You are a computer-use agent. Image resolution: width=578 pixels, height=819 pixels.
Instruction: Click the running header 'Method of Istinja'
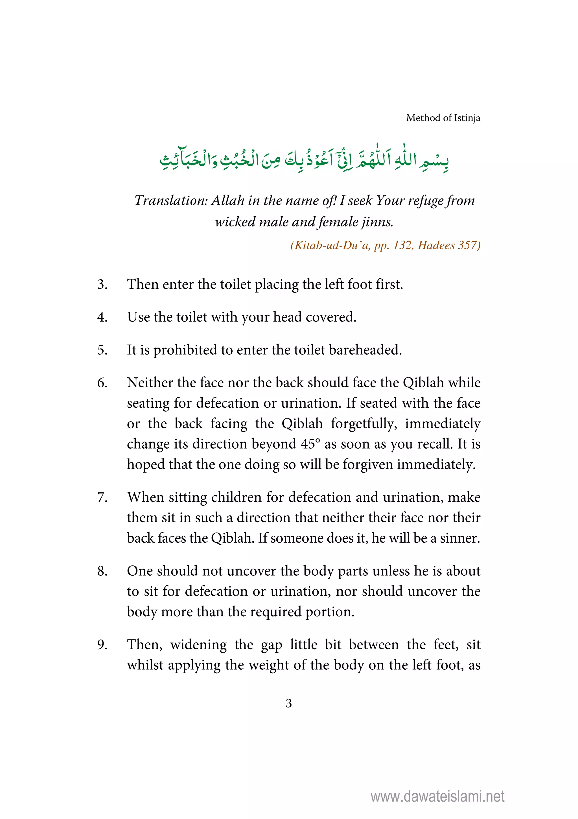443,118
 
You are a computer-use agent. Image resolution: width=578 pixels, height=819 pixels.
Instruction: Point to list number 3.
102,284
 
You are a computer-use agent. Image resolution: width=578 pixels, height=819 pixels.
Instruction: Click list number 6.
102,383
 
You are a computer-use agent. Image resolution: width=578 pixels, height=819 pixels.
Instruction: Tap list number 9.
102,645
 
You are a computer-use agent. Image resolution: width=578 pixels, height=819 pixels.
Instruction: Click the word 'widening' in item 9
198,645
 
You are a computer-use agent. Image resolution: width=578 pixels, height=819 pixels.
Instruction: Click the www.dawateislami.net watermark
437,796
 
